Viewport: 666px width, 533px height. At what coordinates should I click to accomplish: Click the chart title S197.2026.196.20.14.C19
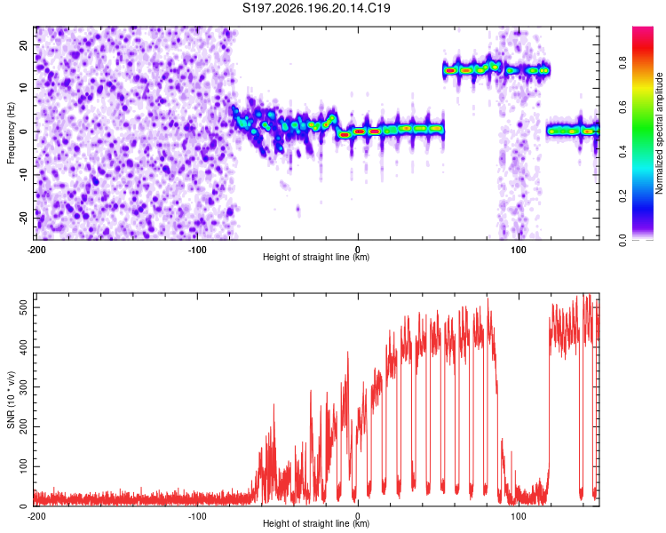(x=316, y=8)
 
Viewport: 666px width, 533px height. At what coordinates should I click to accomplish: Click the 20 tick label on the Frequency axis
(x=24, y=44)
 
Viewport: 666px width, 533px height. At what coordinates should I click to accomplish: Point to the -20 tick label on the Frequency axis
(x=24, y=218)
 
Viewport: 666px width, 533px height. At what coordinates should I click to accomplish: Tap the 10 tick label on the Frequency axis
(x=24, y=88)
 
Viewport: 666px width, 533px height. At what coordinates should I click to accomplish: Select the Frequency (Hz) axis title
(x=11, y=132)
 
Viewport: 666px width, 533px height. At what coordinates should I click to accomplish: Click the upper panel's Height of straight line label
(x=316, y=257)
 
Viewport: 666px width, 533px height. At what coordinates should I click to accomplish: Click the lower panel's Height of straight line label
(x=316, y=523)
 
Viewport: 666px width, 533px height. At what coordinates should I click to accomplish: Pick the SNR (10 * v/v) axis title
(x=11, y=400)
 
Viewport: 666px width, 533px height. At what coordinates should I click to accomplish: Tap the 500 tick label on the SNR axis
(x=24, y=307)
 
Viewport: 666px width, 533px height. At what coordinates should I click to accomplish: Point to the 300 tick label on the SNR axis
(x=24, y=386)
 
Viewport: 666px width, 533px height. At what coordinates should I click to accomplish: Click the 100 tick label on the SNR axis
(x=24, y=466)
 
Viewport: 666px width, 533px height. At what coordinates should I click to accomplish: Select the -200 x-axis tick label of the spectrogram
(x=36, y=250)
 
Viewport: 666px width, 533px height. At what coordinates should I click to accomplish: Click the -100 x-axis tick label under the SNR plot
(x=197, y=516)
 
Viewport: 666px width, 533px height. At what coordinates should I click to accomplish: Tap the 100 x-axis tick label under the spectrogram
(x=519, y=250)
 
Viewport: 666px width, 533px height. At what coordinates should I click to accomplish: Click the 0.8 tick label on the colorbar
(x=622, y=62)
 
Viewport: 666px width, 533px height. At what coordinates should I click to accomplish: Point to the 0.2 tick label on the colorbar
(x=622, y=196)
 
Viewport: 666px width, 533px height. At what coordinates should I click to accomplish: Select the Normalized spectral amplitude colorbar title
(x=659, y=133)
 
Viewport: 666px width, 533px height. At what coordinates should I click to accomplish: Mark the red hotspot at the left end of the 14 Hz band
(x=450, y=70)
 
